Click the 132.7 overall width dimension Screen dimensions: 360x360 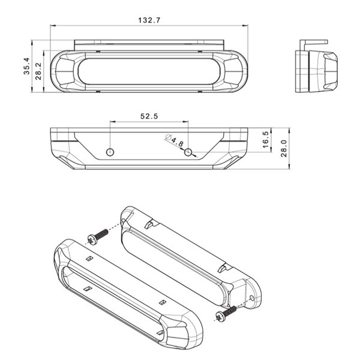tap(149, 20)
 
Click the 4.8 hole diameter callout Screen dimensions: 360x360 tap(175, 142)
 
